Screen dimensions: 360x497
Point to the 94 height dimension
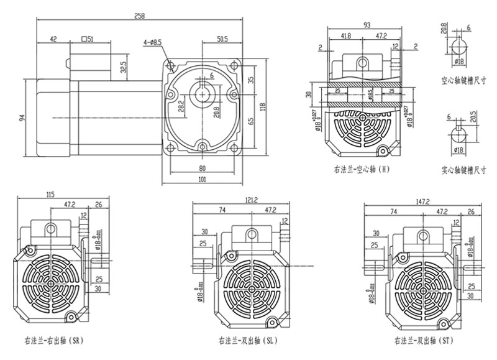pyautogui.click(x=22, y=118)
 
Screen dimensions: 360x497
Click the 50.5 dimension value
pyautogui.click(x=221, y=39)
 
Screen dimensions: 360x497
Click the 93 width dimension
pyautogui.click(x=367, y=24)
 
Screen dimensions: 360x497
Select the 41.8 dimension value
pyautogui.click(x=346, y=36)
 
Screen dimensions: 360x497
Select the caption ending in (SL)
pyautogui.click(x=247, y=341)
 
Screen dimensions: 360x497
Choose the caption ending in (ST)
pyautogui.click(x=424, y=341)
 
